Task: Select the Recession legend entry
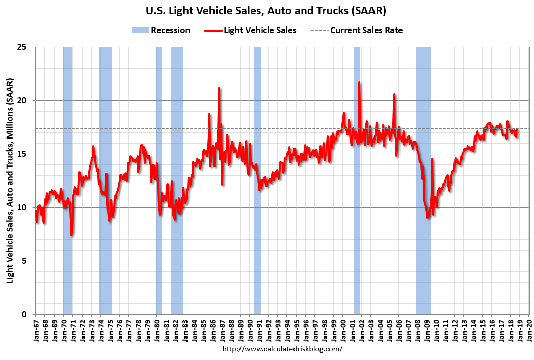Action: tap(161, 31)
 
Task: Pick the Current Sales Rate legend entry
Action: tap(357, 31)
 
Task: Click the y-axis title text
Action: tap(10, 181)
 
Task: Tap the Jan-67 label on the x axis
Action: tap(36, 329)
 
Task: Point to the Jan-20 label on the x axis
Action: tap(529, 329)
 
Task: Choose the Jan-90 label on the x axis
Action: tap(250, 329)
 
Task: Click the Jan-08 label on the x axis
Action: tap(417, 329)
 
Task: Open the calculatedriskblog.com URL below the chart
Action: tap(283, 349)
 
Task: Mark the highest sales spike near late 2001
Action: tap(359, 82)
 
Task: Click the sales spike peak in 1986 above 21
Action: tap(219, 88)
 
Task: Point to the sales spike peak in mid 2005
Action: tap(394, 94)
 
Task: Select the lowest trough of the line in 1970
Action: tap(72, 235)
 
